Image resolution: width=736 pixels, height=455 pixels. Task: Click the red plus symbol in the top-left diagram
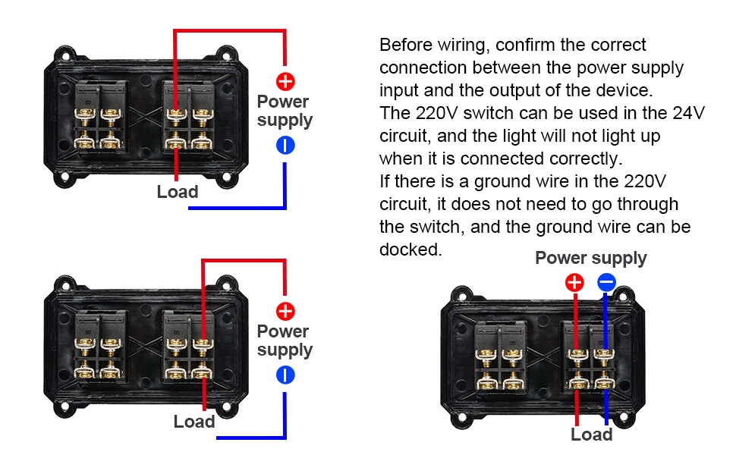(285, 81)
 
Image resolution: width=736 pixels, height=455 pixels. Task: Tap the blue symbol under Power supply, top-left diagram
(285, 146)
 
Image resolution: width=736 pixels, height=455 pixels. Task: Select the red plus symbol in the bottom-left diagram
(285, 311)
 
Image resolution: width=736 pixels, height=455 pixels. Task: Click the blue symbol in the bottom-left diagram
(285, 375)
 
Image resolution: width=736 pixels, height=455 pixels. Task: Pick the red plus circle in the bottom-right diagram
(575, 283)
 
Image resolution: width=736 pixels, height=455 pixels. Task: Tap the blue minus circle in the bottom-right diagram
(605, 283)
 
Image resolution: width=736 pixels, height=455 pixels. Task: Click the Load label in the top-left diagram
(178, 192)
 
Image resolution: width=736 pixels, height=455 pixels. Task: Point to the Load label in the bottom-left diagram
(194, 422)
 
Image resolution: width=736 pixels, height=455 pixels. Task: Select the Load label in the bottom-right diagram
(591, 435)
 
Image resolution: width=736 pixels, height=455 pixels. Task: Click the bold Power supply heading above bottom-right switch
(591, 258)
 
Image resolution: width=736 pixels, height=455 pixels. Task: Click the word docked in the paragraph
(410, 249)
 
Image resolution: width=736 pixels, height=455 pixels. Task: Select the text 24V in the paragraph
(689, 113)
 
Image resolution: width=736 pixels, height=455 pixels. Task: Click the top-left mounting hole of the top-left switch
(64, 55)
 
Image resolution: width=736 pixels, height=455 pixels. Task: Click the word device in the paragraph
(622, 90)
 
